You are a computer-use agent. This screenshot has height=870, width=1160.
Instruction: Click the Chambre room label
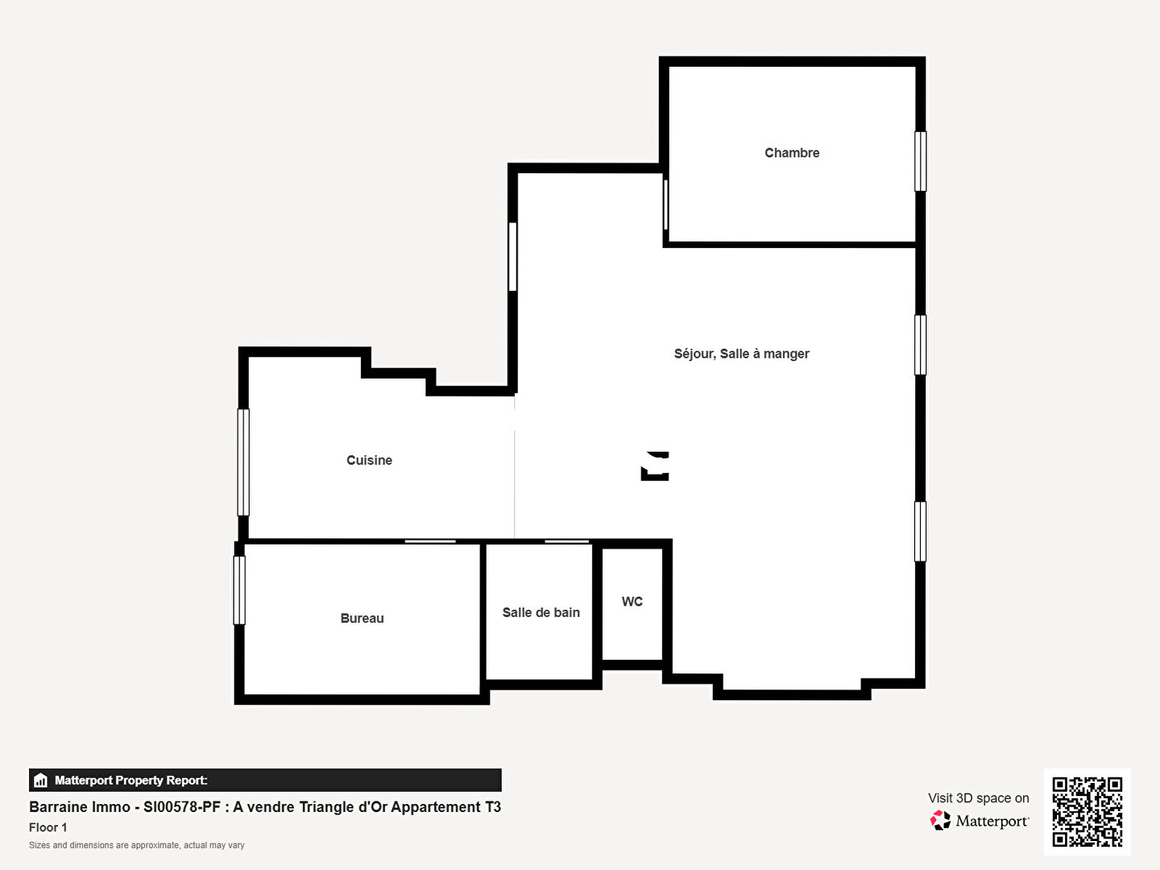(x=792, y=153)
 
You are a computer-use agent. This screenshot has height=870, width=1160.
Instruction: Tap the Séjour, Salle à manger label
(x=741, y=354)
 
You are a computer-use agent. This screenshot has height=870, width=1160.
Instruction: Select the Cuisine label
(x=369, y=460)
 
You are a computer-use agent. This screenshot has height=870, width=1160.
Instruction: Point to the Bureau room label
(x=362, y=618)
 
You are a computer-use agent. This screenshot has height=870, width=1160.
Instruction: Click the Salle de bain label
(x=541, y=612)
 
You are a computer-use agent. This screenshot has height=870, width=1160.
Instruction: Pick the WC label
(x=632, y=602)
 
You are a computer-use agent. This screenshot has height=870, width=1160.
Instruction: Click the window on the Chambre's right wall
(x=920, y=161)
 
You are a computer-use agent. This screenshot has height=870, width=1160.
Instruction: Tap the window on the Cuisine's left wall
(x=243, y=462)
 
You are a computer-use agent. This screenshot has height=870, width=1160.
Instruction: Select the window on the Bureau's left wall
(x=239, y=590)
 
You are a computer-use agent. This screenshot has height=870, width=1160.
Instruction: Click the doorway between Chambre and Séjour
(x=666, y=205)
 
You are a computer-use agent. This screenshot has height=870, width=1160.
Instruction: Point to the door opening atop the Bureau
(x=430, y=541)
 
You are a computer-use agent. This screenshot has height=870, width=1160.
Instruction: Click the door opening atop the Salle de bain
(x=566, y=541)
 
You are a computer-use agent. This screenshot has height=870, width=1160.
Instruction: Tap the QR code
(x=1087, y=812)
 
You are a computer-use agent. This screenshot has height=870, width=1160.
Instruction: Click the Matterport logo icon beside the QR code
(x=940, y=820)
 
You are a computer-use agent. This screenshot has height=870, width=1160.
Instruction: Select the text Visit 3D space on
(x=978, y=798)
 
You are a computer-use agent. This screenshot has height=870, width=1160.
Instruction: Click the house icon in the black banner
(x=41, y=781)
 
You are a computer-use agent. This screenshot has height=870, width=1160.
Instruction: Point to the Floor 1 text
(x=48, y=827)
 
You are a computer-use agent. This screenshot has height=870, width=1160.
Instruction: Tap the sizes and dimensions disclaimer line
(x=136, y=845)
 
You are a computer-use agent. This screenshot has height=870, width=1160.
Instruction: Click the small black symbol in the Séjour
(x=655, y=466)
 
